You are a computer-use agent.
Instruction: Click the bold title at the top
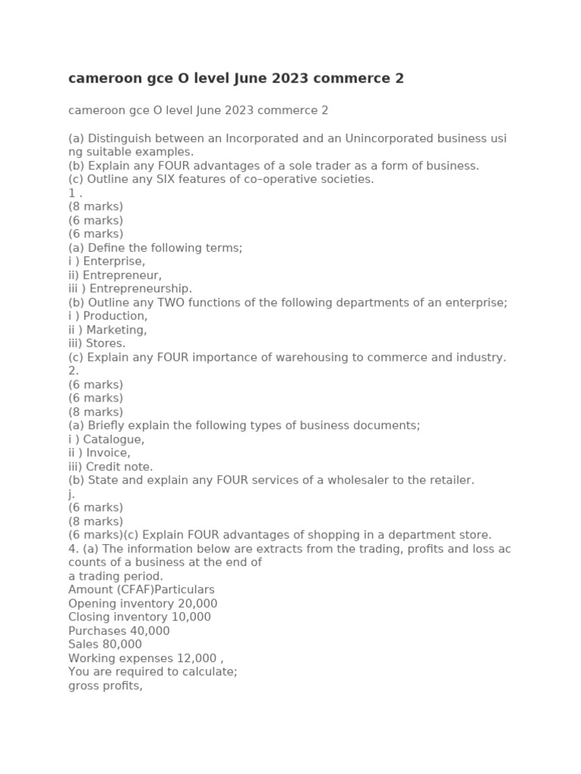(x=236, y=79)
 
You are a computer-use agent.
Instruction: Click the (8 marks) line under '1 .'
(x=95, y=206)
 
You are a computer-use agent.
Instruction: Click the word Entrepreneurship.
(x=141, y=289)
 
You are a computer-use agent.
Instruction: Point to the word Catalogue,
(x=113, y=439)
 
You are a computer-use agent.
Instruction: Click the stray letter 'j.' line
(x=72, y=494)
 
